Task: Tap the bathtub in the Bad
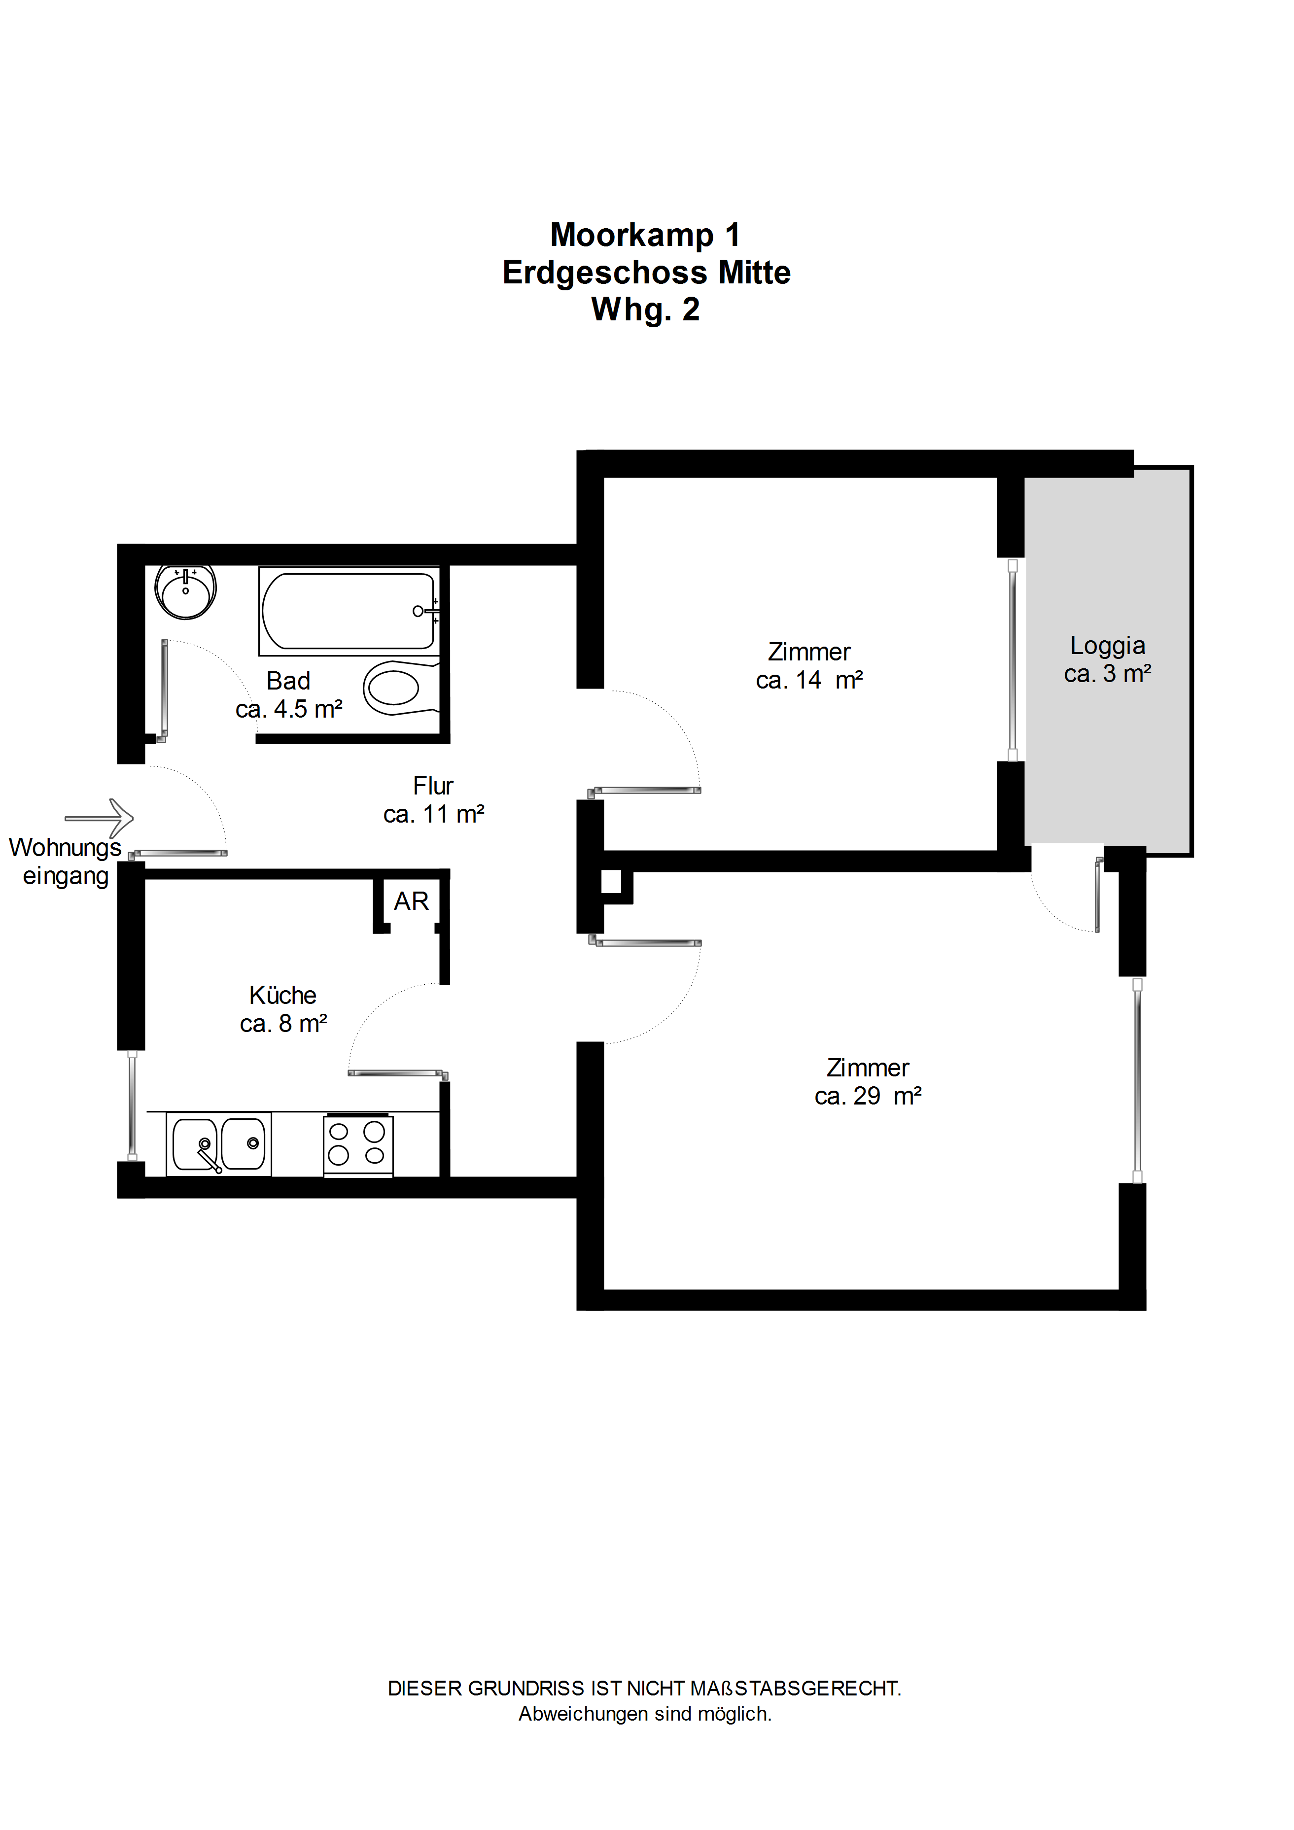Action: coord(349,611)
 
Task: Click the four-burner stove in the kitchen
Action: coord(358,1144)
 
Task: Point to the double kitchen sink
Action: coord(218,1144)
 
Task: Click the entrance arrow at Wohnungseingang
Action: coord(99,818)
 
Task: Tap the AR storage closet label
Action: coord(412,901)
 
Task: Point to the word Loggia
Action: coord(1108,646)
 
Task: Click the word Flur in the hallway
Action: coord(433,786)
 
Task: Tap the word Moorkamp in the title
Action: coord(631,235)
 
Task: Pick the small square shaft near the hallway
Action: coord(612,882)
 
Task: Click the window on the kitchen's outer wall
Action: coord(132,1105)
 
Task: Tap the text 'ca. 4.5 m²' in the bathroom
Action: coord(288,709)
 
